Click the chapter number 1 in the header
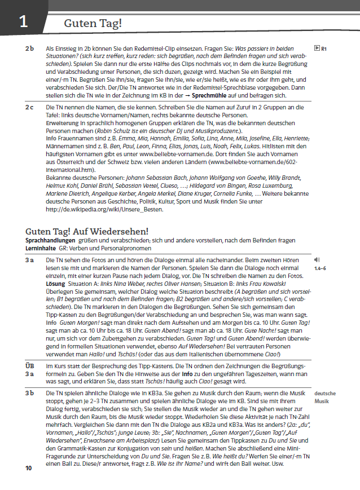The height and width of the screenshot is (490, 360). click(x=22, y=22)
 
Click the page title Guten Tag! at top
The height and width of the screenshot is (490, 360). click(x=93, y=24)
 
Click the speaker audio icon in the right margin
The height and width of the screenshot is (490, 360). click(x=317, y=260)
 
